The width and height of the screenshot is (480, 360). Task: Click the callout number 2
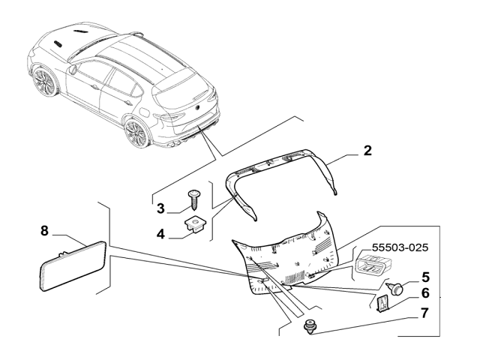pyautogui.click(x=367, y=151)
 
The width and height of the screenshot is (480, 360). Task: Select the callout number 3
pyautogui.click(x=160, y=208)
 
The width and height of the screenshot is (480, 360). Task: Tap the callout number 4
pyautogui.click(x=160, y=234)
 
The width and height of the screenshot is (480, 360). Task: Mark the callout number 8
pyautogui.click(x=44, y=231)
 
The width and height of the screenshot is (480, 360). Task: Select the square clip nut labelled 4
pyautogui.click(x=196, y=223)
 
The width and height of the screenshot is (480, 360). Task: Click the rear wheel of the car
pyautogui.click(x=136, y=133)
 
